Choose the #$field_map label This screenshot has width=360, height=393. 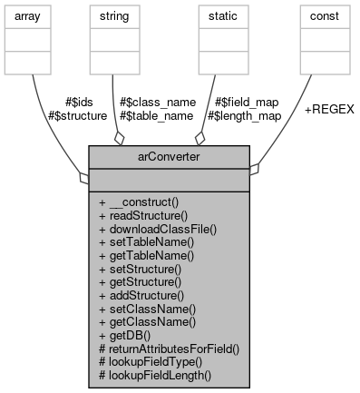pos(244,102)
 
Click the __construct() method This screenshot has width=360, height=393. pos(143,202)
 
